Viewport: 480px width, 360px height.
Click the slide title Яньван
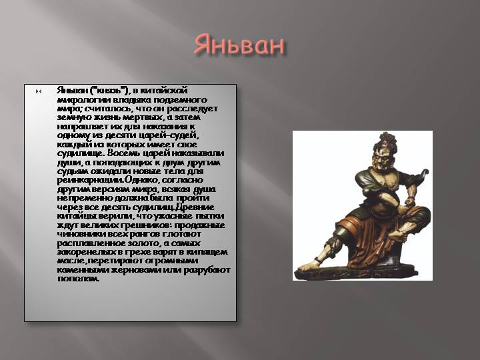(239, 45)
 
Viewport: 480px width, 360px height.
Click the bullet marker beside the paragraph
(39, 91)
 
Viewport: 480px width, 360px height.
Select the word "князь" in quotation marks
(109, 91)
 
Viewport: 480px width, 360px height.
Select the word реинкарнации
(91, 180)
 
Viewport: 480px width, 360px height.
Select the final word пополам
(79, 279)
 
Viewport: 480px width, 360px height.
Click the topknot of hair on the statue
(387, 139)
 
